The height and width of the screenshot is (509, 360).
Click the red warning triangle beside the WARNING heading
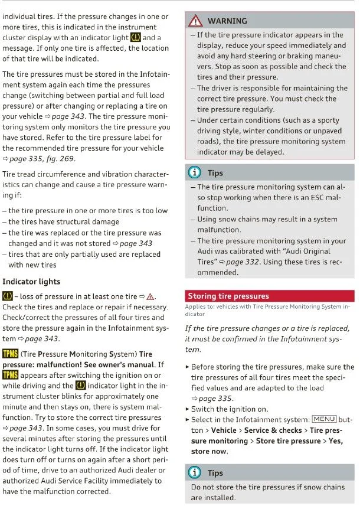point(195,21)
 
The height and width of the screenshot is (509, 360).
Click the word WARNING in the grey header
point(227,21)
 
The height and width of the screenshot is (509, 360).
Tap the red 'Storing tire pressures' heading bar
point(270,296)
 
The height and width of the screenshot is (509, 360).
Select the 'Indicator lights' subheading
point(31,282)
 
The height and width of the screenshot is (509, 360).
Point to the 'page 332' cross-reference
point(251,262)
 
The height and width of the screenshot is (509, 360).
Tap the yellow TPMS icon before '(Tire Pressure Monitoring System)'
point(10,354)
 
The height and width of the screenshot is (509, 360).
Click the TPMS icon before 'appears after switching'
point(10,375)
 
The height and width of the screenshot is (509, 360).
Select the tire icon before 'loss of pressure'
point(8,296)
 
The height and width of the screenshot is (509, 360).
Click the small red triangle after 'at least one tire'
point(150,296)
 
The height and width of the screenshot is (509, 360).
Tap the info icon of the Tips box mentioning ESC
point(195,173)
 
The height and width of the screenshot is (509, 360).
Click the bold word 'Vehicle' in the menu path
point(224,430)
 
